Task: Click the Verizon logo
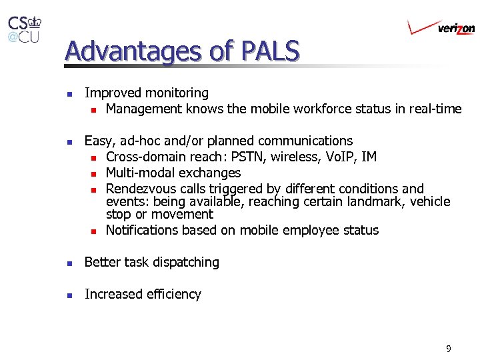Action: coord(441,27)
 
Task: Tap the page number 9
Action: coord(449,348)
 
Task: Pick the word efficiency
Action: coord(171,294)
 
